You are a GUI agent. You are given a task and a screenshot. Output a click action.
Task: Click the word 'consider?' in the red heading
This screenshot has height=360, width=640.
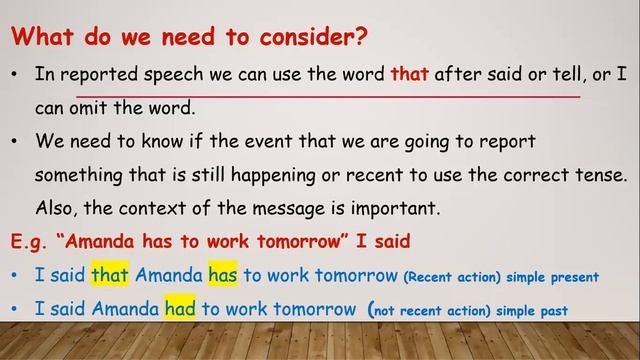(x=314, y=38)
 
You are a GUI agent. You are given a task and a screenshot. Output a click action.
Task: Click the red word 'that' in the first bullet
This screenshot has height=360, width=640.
(x=409, y=73)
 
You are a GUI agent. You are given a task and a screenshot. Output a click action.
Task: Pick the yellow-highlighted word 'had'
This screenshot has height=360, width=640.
(x=180, y=310)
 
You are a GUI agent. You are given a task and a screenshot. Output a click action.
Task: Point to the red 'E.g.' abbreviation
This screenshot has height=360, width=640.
(x=31, y=243)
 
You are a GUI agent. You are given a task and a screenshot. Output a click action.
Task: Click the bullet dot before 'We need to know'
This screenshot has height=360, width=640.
(x=15, y=141)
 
